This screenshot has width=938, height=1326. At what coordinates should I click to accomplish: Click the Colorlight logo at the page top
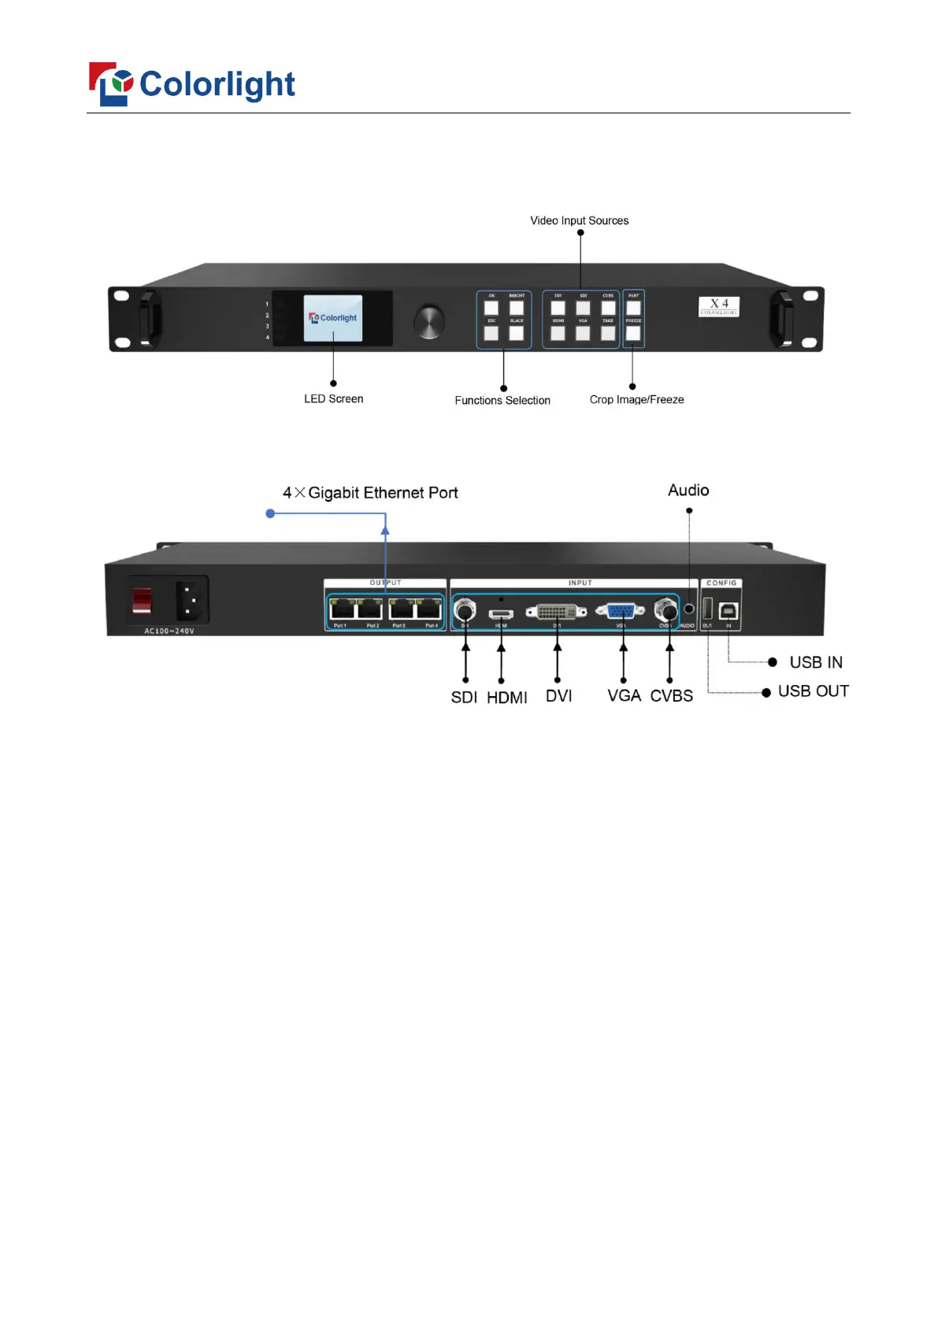(191, 84)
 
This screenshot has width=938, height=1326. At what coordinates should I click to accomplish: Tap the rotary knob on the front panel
(429, 321)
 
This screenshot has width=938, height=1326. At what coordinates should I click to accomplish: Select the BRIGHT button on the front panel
(517, 308)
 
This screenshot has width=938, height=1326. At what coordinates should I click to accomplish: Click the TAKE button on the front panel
(608, 333)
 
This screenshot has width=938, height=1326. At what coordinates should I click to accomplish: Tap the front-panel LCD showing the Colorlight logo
(333, 318)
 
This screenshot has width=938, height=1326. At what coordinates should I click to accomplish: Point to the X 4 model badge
(718, 306)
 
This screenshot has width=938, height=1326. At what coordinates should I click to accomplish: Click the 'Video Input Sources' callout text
(579, 220)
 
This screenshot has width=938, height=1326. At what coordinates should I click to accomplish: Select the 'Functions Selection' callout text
(502, 400)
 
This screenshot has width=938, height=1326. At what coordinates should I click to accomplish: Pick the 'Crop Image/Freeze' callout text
(636, 399)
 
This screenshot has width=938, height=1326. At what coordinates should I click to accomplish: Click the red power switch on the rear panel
(142, 600)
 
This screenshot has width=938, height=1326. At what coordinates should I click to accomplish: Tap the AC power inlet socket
(191, 602)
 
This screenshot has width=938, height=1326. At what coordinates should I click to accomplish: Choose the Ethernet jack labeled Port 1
(342, 609)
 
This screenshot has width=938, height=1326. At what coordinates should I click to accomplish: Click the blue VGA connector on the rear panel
(621, 610)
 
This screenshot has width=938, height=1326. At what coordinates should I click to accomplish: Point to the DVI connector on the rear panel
(557, 612)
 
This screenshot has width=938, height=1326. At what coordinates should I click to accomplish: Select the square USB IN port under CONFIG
(729, 610)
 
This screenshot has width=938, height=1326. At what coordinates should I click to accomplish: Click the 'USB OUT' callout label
(813, 691)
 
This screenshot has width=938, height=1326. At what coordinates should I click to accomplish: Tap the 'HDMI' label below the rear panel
(506, 698)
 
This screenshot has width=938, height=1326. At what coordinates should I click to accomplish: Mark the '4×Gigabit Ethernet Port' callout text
(370, 493)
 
